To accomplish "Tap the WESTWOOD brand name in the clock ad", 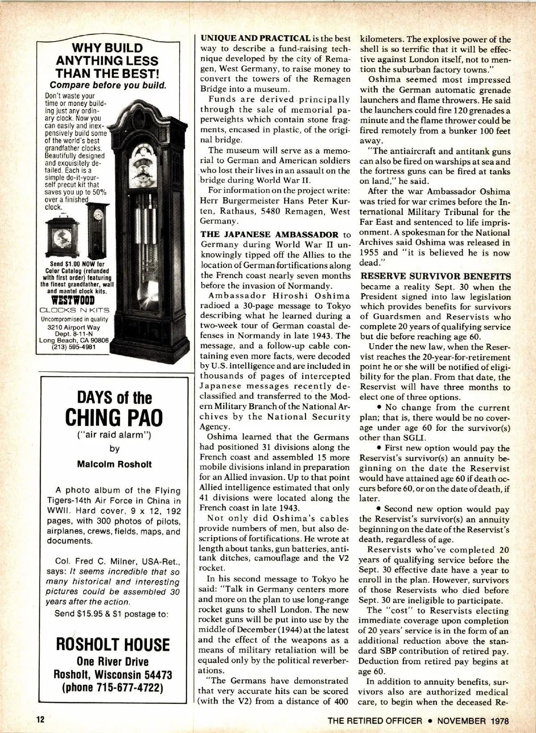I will click(73, 299).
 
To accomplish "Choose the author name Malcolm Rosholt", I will click(114, 464).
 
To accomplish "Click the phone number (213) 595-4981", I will click(74, 347).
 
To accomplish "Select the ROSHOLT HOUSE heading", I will click(113, 645).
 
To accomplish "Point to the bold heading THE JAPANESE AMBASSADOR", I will click(269, 235).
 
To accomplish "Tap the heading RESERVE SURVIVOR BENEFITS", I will click(435, 276).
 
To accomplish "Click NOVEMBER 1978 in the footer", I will click(473, 720).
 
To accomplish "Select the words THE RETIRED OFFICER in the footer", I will click(375, 720).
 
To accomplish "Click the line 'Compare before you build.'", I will click(108, 85).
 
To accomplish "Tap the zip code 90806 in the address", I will click(99, 340).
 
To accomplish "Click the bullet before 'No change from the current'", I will click(379, 408).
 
